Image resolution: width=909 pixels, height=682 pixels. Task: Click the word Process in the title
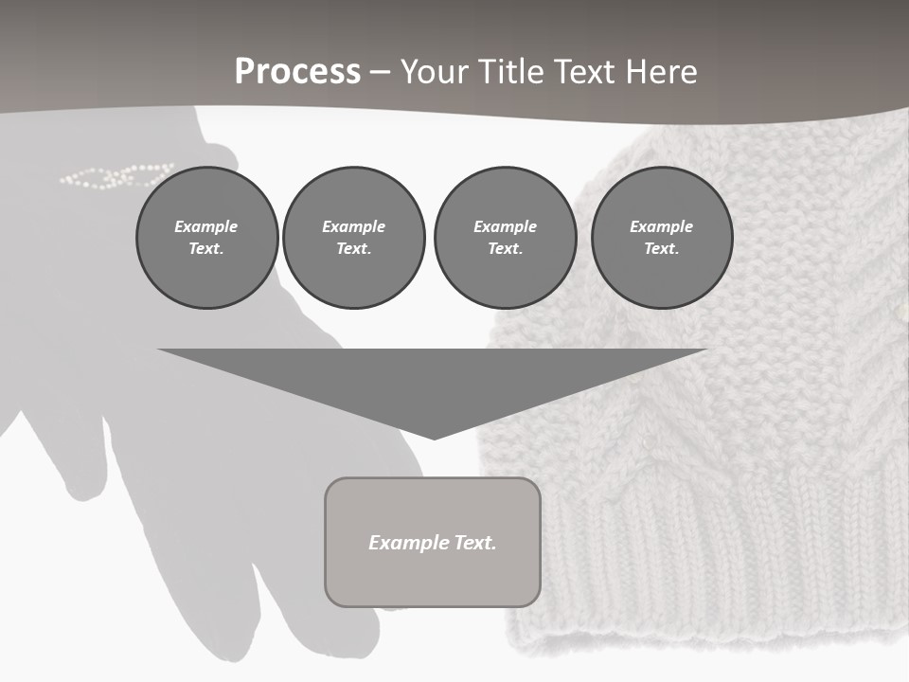297,72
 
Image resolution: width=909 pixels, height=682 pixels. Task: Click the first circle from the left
206,238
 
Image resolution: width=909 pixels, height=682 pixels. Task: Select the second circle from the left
353,238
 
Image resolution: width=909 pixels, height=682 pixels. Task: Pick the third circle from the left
505,238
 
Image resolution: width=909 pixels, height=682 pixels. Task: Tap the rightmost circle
662,238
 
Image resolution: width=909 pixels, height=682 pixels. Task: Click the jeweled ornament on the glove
116,175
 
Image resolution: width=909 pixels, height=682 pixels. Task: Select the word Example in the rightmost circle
662,226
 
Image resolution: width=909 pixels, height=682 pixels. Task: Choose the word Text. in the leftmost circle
206,249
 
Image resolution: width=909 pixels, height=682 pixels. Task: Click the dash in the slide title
381,72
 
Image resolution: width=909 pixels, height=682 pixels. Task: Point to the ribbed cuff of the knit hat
701,568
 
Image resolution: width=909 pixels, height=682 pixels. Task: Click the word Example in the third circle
505,226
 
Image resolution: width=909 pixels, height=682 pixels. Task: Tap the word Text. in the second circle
353,249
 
